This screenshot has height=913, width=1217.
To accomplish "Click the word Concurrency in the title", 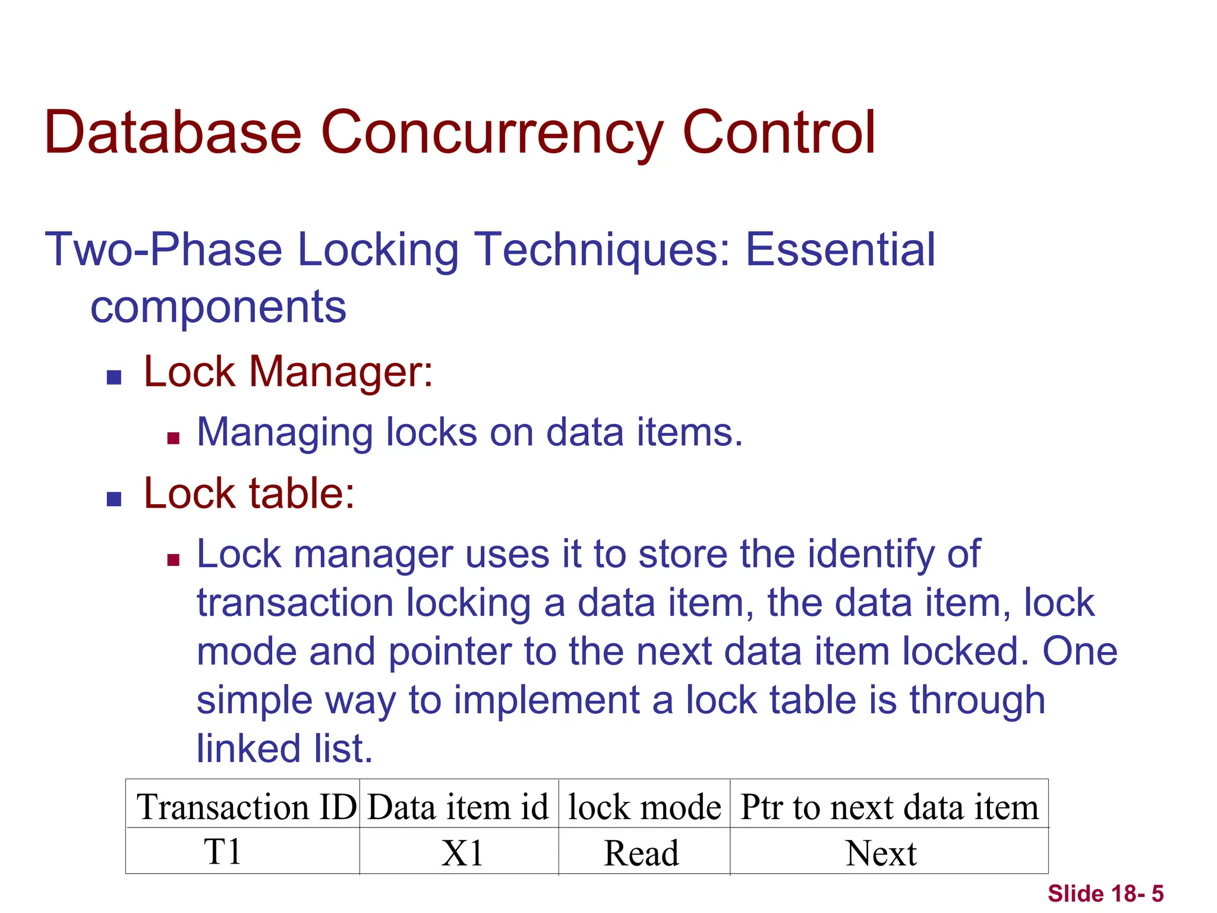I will pos(491,133).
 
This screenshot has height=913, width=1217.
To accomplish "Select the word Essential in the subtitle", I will pos(840,250).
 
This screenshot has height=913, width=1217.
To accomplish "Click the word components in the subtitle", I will pos(218,307).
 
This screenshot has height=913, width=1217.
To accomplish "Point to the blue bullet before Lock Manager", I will pos(114,377).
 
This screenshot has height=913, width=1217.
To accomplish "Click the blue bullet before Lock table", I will pos(114,499).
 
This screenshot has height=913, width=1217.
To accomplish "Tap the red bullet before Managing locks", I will pos(174,439).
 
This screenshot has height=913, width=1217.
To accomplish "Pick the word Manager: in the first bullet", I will pos(341,372).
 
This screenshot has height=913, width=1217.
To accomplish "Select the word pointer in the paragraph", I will pos(450,651).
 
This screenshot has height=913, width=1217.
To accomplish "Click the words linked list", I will pos(284,748).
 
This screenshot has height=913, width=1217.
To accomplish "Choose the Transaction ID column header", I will pos(246,807).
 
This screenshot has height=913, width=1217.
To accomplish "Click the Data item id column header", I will pos(458,807).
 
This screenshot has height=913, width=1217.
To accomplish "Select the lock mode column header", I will pos(644,807).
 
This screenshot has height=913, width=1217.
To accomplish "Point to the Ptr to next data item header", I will pos(889,807).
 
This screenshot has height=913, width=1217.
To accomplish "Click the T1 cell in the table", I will pos(222,852).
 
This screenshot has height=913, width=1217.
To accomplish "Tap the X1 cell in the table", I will pos(462,854).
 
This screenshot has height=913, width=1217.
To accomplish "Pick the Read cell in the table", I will pos(641,854).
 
